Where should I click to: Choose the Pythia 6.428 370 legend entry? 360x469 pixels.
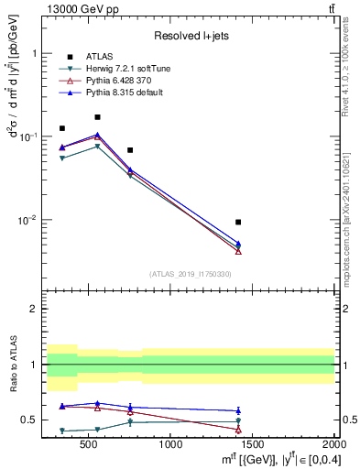coord(119,81)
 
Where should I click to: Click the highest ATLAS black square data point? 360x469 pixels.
coord(97,117)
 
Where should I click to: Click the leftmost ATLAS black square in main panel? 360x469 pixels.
coord(62,128)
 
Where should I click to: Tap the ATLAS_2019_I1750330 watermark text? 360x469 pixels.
coord(191,274)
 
